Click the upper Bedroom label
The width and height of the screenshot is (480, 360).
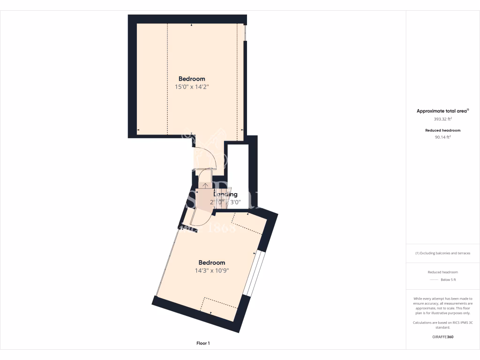pyautogui.click(x=192, y=79)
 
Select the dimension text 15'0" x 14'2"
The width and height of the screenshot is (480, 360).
pyautogui.click(x=192, y=87)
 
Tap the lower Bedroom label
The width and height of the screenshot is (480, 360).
pyautogui.click(x=212, y=262)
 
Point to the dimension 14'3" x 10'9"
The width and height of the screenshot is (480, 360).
pyautogui.click(x=212, y=270)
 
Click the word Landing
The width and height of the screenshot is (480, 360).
pyautogui.click(x=225, y=194)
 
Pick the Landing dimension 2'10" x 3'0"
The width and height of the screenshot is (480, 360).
pyautogui.click(x=225, y=202)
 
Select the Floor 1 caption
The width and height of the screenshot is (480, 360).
pyautogui.click(x=203, y=344)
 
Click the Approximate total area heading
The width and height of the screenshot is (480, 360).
pyautogui.click(x=442, y=111)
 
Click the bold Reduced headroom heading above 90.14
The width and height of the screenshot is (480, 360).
pyautogui.click(x=443, y=130)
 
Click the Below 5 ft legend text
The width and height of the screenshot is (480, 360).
pyautogui.click(x=448, y=280)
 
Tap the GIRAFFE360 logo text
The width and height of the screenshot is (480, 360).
pyautogui.click(x=443, y=337)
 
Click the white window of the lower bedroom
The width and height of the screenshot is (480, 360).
pyautogui.click(x=255, y=274)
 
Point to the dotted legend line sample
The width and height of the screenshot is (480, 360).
pyautogui.click(x=434, y=280)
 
